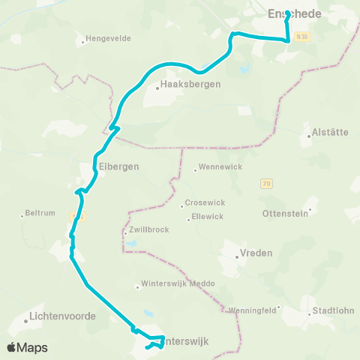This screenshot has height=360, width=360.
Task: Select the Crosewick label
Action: pos(202,204)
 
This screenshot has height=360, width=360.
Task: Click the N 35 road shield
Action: pos(301,36)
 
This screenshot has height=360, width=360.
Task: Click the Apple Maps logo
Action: pos(27,347)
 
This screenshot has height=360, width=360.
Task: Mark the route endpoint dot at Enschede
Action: pos(288,12)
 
